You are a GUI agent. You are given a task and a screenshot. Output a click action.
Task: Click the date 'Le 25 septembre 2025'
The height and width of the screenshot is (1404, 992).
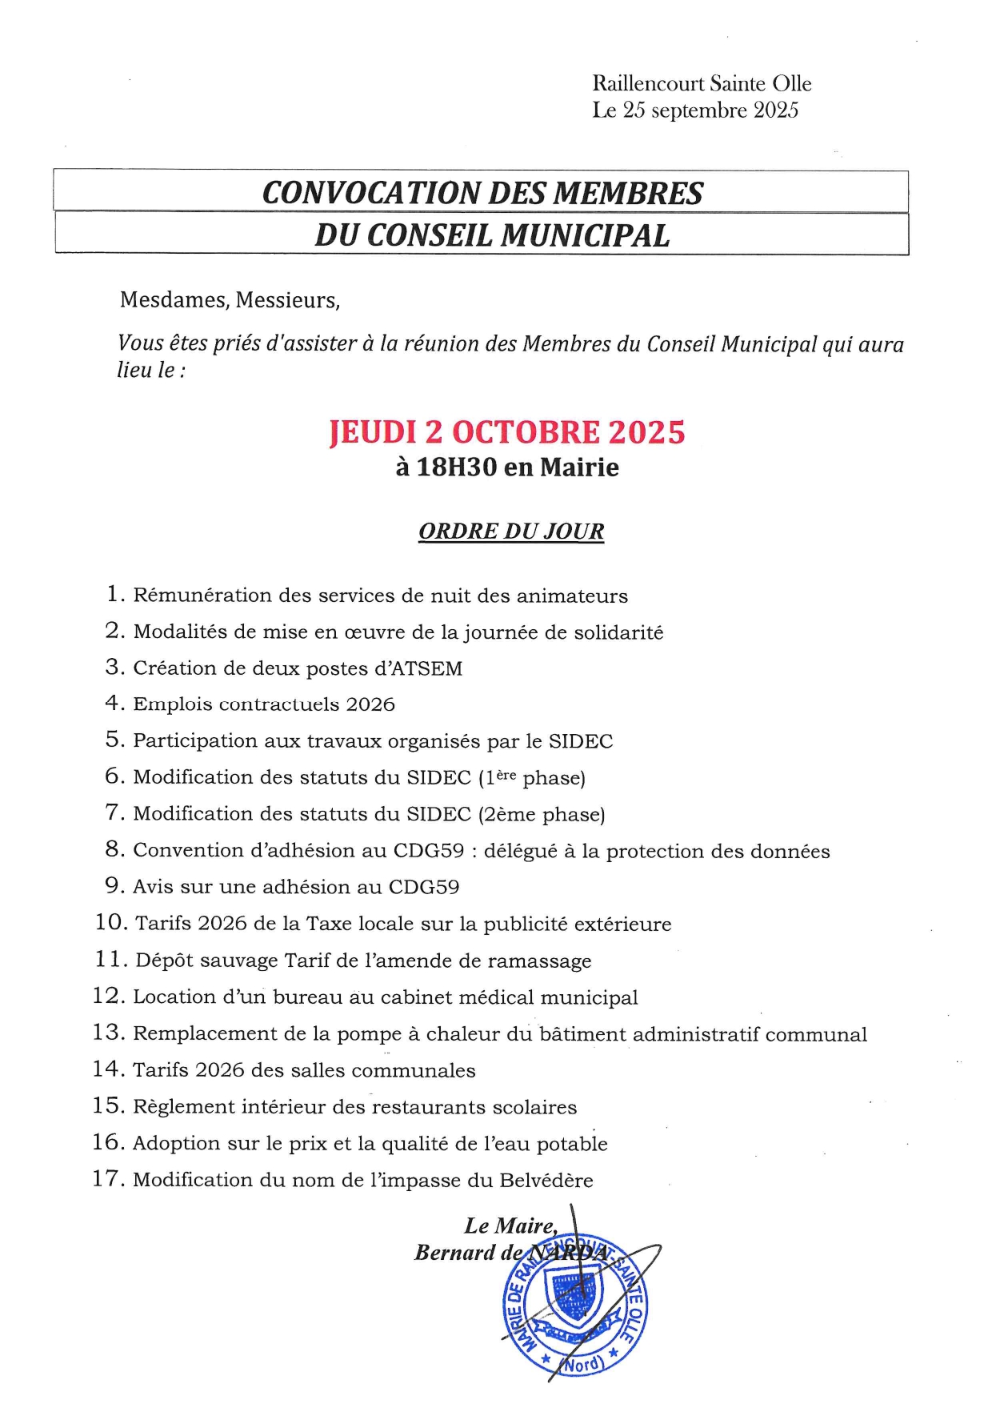coord(694,110)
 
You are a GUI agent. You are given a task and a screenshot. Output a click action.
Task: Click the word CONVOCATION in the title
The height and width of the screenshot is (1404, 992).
coord(370,193)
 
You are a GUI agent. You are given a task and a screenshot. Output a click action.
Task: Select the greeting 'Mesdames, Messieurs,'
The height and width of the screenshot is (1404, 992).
coord(230,300)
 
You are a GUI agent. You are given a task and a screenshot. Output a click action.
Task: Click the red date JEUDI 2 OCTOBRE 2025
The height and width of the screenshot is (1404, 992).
coord(507,432)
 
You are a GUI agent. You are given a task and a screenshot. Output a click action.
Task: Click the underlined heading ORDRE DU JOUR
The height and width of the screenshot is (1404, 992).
coord(511,532)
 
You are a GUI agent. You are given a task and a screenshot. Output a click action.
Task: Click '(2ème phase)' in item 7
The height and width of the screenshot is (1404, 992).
coord(541,814)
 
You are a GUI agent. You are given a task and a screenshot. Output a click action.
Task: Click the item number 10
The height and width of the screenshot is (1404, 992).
coord(111,923)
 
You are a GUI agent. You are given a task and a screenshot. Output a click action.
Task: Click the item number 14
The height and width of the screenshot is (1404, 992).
coord(109,1069)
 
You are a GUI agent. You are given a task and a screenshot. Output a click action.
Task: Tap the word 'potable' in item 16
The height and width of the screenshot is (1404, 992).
coord(572,1143)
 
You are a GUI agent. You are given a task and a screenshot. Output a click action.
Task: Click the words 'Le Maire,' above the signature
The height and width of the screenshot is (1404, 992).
coord(510,1225)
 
